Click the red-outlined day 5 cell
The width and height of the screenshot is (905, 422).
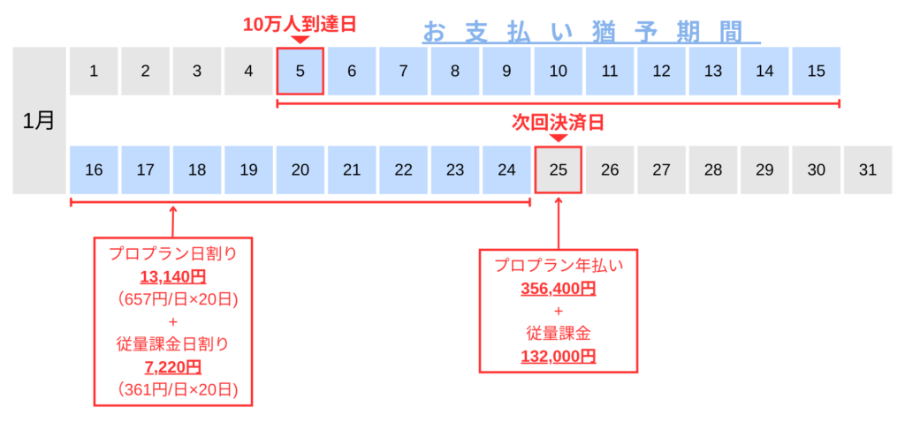tap(300, 72)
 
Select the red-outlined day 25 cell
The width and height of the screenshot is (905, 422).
tap(558, 170)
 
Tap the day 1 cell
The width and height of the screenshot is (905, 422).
tap(94, 72)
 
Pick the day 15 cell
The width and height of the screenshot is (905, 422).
tap(815, 72)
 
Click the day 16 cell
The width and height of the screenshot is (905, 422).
tap(94, 170)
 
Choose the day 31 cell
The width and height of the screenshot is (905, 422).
tap(867, 170)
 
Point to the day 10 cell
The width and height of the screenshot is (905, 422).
tap(558, 72)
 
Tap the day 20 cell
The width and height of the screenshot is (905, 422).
tap(300, 170)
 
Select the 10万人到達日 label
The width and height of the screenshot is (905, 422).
tap(300, 24)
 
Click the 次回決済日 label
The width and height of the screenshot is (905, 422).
tap(558, 122)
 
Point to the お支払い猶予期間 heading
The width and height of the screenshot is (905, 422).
tap(591, 32)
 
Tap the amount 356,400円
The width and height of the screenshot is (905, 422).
tap(558, 289)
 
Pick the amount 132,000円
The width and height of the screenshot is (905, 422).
tap(558, 356)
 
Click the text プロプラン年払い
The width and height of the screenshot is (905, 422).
tap(558, 267)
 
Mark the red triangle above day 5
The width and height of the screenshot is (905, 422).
tap(300, 40)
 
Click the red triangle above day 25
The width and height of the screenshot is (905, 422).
tap(558, 138)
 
